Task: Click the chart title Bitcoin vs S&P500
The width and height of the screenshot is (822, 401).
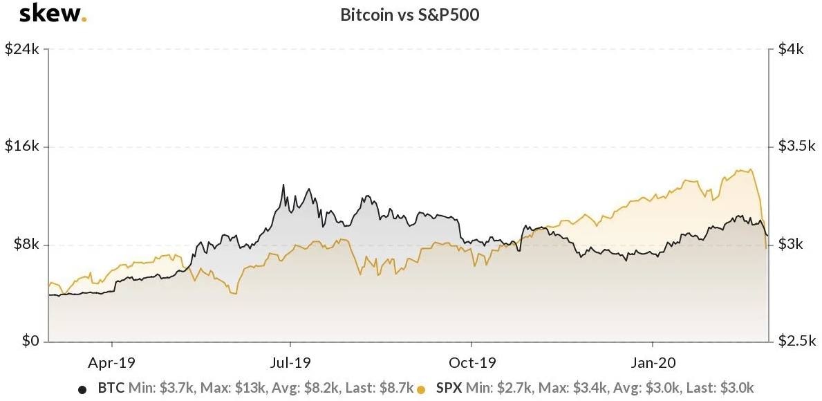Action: point(410,15)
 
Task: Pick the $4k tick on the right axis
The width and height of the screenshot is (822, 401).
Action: point(790,50)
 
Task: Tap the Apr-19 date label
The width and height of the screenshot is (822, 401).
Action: point(112,362)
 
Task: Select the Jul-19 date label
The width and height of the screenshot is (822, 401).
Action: point(290,362)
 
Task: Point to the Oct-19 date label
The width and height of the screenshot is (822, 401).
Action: point(472,362)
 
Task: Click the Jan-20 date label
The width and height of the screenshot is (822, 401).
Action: point(653,362)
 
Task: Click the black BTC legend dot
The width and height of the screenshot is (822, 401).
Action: point(83,389)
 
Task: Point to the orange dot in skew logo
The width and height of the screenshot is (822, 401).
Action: point(84,19)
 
